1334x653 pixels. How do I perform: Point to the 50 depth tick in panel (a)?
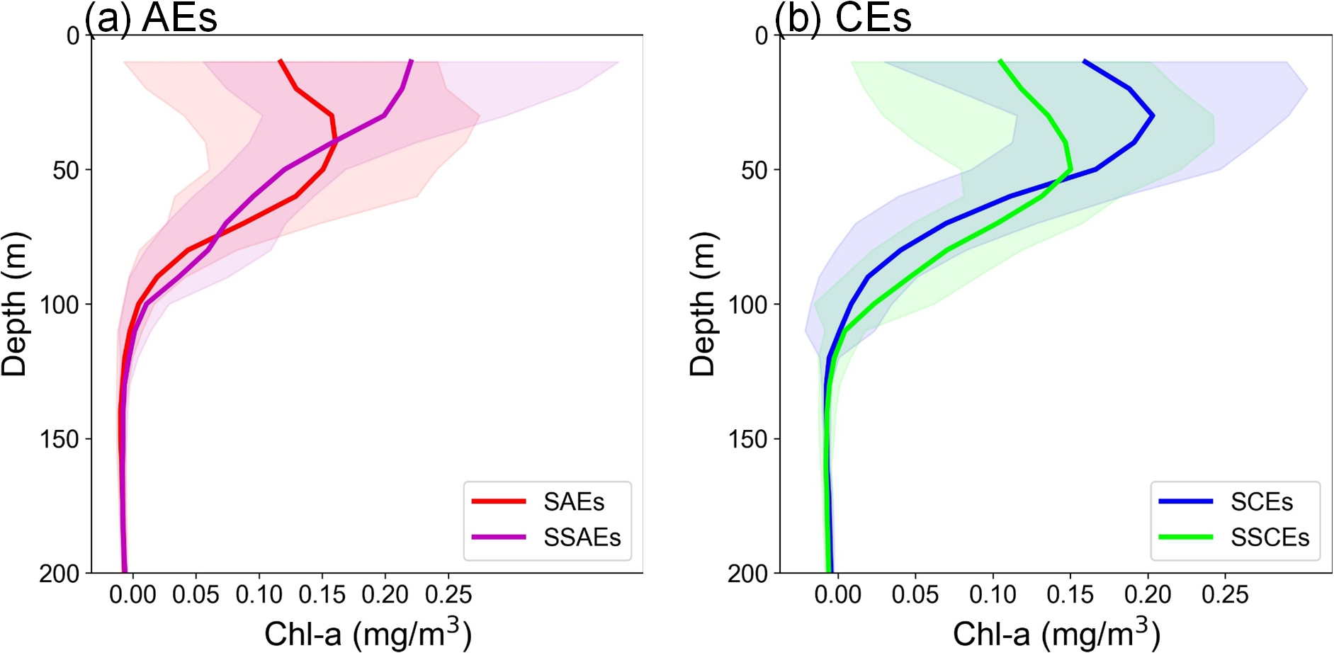pos(67,170)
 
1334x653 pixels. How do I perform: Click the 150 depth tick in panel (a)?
pos(60,439)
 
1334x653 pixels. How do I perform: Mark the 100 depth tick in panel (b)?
pos(747,305)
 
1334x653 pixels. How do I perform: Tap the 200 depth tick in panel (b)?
pos(747,574)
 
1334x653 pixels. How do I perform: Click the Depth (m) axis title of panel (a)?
pos(14,304)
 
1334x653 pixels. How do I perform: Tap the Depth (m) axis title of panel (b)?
pos(702,304)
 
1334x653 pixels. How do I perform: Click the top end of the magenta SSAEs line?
pos(411,62)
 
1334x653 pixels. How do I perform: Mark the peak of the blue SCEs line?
pos(1153,115)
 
